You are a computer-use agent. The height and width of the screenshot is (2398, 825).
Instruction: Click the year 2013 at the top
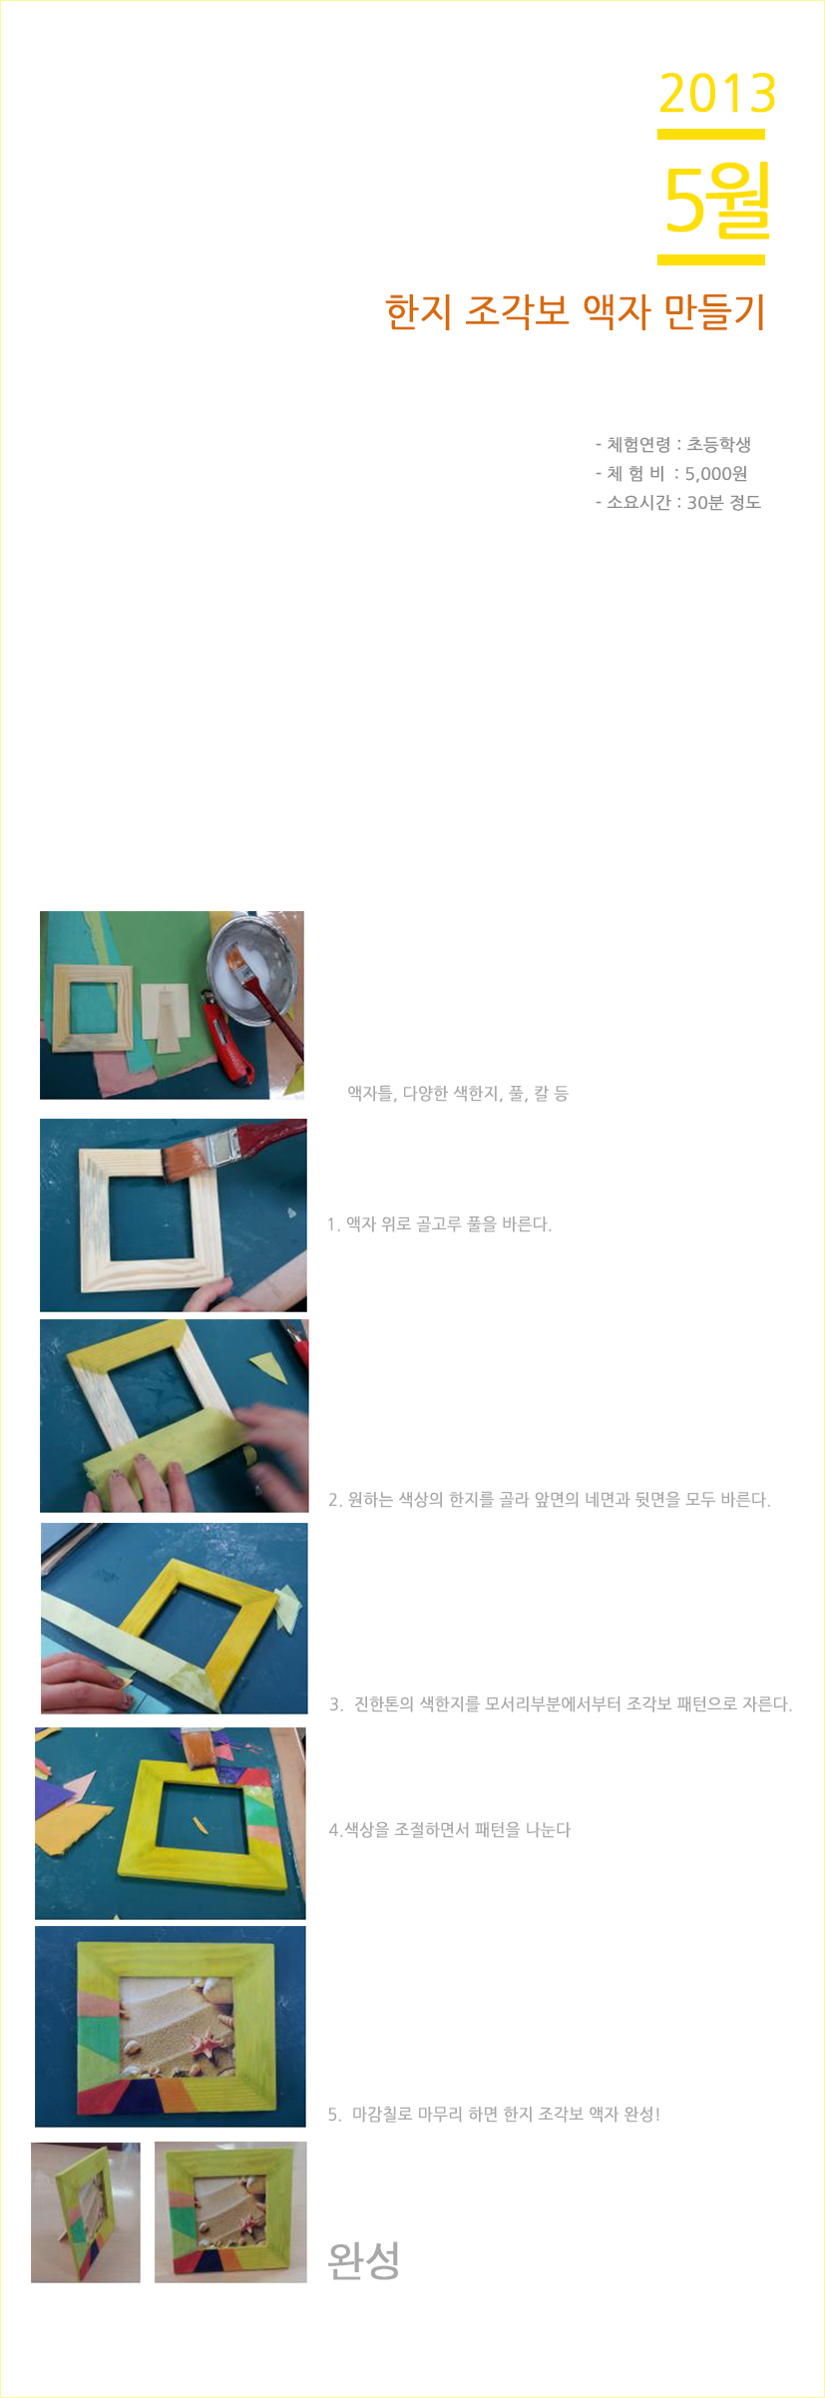tap(717, 94)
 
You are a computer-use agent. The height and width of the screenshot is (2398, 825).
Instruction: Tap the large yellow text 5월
tap(717, 200)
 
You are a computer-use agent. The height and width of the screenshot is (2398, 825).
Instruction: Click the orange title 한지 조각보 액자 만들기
tap(576, 311)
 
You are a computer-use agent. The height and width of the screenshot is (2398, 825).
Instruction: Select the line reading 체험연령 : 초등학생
tap(673, 444)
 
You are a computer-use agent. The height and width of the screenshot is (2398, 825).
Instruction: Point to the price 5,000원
tap(716, 473)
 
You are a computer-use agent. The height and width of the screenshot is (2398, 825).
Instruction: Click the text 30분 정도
tap(724, 502)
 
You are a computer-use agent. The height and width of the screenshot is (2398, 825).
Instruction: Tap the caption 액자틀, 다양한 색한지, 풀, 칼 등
tap(458, 1093)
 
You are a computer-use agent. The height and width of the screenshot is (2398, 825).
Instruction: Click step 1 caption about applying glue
tap(439, 1223)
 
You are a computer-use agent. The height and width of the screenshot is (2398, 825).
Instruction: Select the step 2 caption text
tap(550, 1499)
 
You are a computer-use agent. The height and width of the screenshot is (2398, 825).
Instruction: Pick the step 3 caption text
tap(561, 1703)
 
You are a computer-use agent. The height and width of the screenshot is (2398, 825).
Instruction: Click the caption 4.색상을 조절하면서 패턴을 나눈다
tap(450, 1829)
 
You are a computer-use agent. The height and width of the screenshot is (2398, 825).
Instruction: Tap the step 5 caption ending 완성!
tap(494, 2114)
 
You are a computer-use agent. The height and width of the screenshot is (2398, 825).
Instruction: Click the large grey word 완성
tap(364, 2260)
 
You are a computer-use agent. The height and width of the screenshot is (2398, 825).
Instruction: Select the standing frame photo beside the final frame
tap(86, 2212)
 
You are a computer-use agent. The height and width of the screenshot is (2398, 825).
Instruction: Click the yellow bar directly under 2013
tap(711, 134)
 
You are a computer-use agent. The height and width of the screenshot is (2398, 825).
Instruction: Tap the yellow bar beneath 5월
tap(711, 259)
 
